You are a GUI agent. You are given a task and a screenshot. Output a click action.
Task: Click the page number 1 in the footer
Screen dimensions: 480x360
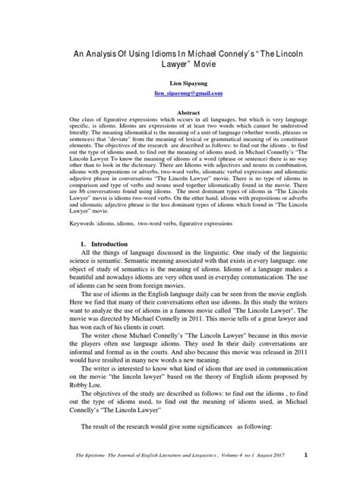pos(305,456)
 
